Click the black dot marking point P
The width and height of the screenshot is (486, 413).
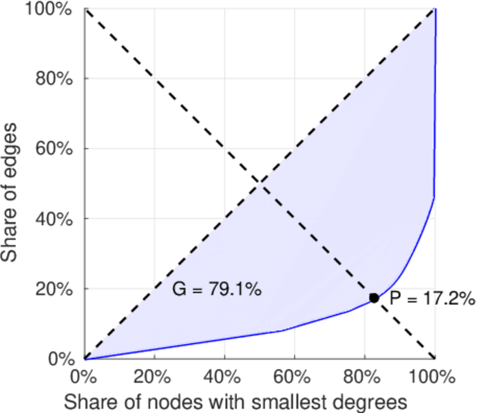(x=374, y=298)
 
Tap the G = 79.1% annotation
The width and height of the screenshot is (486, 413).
(x=216, y=290)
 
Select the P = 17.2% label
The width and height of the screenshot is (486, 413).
(x=432, y=298)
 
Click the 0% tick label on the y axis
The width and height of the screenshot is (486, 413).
(x=62, y=359)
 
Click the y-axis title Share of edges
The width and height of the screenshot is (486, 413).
(x=10, y=192)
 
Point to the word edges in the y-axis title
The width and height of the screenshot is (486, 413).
(x=10, y=153)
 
